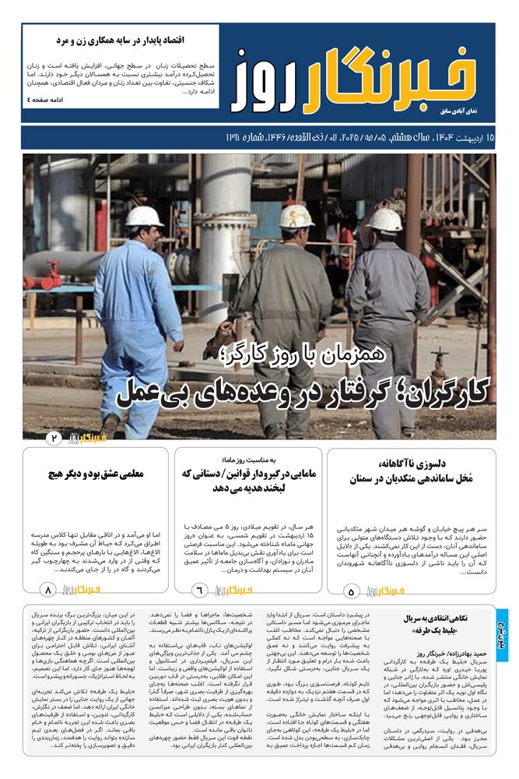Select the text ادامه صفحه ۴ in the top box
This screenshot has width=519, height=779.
[50, 100]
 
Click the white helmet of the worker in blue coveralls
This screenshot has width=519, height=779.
[145, 217]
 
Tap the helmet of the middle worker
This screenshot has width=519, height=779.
[296, 217]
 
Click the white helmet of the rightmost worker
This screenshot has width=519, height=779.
[384, 220]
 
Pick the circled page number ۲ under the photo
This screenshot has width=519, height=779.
[54, 439]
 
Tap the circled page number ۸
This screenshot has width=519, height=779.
[48, 590]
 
